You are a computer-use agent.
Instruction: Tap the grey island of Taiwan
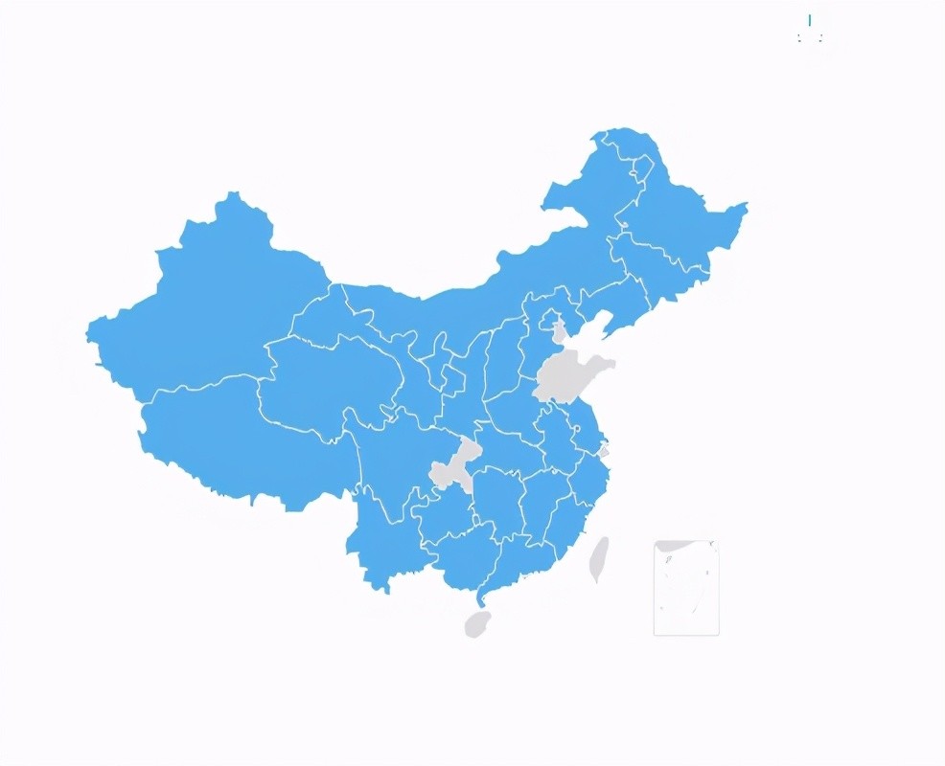click(598, 560)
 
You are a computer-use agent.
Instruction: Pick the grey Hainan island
click(476, 624)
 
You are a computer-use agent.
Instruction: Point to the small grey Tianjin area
click(560, 331)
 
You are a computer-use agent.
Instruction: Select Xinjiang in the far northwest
click(220, 306)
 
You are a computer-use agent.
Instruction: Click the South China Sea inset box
click(686, 588)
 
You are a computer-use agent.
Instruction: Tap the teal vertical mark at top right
click(810, 20)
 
